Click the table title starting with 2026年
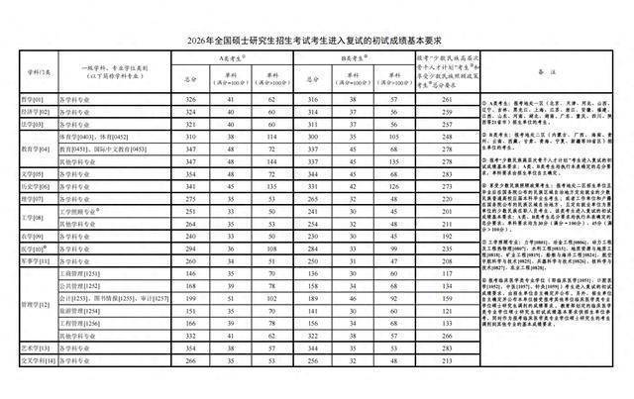tap(317, 40)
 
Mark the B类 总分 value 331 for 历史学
tap(314, 187)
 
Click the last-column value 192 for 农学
tap(449, 237)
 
